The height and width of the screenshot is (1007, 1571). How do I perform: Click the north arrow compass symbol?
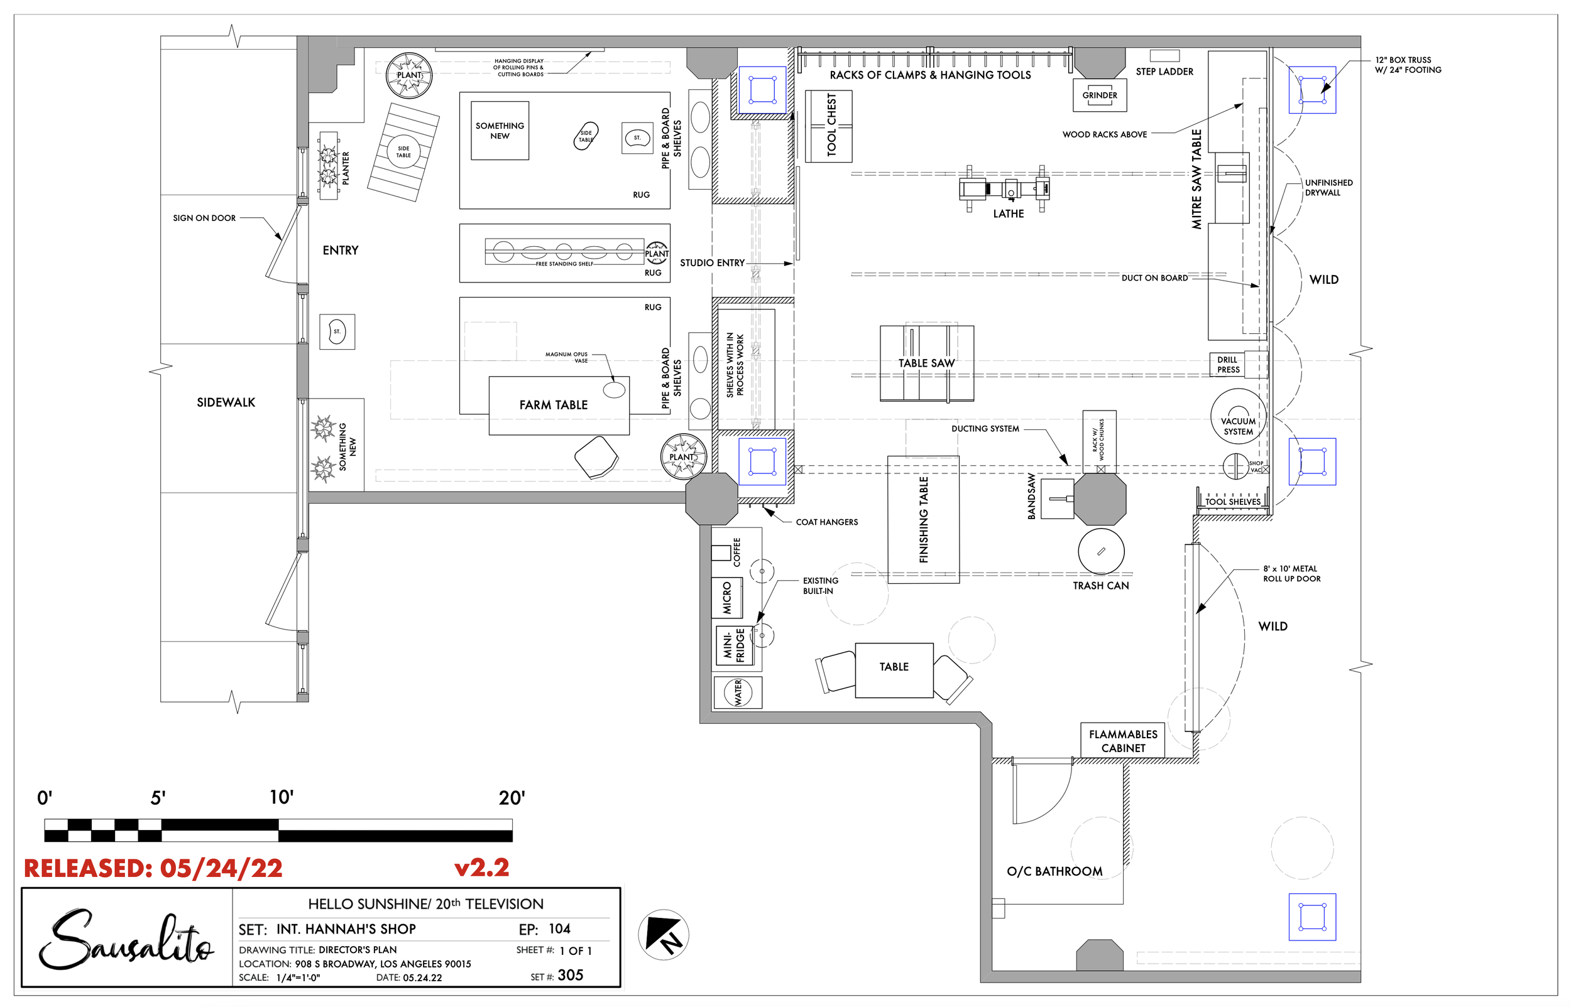pos(664,934)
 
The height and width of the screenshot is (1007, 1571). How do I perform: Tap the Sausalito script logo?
pos(126,939)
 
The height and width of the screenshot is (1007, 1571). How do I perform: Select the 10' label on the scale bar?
pos(282,797)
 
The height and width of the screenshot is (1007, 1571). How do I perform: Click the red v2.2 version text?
pos(481,868)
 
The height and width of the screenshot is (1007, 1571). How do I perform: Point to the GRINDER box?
pos(1100,95)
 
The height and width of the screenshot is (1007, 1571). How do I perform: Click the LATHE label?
pos(1009,214)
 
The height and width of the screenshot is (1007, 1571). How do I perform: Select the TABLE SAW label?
pos(926,363)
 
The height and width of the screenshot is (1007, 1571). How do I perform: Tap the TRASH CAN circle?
pos(1101,551)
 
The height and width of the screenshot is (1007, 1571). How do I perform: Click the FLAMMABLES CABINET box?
pos(1123,741)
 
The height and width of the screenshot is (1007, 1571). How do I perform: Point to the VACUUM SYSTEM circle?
pos(1238,416)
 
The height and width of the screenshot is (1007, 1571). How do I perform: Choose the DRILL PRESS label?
pos(1227,365)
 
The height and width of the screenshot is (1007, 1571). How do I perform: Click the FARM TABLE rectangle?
pos(559,406)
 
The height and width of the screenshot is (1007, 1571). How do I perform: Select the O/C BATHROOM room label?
pos(1054,871)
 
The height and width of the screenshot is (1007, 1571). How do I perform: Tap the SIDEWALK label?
pos(226,403)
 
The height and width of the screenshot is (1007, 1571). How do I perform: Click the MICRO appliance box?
pos(727,598)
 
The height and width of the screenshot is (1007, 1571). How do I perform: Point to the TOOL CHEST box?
pos(828,126)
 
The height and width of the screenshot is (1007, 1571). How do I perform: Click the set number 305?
pos(571,975)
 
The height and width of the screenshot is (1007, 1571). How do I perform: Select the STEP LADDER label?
pos(1164,72)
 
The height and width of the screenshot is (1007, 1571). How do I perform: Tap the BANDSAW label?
pos(1032,497)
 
